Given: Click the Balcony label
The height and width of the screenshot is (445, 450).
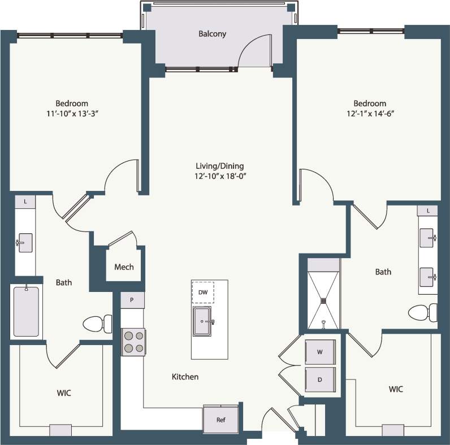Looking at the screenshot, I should click(x=212, y=34).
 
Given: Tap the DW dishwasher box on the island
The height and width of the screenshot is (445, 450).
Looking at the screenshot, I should click(x=203, y=293).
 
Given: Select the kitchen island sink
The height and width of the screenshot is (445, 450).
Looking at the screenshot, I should click(x=202, y=321).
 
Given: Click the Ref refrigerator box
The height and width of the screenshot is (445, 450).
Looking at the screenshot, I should click(x=221, y=420).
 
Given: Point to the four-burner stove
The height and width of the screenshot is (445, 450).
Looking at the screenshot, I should click(x=133, y=342).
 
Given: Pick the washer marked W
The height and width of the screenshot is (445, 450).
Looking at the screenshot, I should click(x=320, y=352).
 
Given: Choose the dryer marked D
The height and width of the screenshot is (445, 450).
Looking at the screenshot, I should click(x=320, y=379).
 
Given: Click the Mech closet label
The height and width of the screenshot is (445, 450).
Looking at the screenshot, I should click(x=124, y=267).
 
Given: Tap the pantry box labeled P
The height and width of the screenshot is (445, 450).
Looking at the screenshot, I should click(x=132, y=300).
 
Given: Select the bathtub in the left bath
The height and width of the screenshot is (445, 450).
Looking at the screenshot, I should click(x=26, y=311).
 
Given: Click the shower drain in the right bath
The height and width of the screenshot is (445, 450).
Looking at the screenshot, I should click(x=324, y=301).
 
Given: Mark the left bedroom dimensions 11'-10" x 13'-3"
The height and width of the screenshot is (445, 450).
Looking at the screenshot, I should click(x=72, y=114).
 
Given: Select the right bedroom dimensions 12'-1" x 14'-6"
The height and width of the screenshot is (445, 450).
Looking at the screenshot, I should click(x=370, y=114).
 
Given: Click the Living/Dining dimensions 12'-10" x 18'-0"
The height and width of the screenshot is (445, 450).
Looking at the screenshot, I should click(x=219, y=176).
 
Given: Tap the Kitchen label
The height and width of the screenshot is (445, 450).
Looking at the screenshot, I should click(x=185, y=377).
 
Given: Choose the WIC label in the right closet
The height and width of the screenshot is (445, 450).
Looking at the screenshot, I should click(x=396, y=390).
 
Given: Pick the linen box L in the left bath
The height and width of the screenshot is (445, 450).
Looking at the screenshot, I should click(x=25, y=202).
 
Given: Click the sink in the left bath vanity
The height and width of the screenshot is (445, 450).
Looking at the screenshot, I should click(x=25, y=242).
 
